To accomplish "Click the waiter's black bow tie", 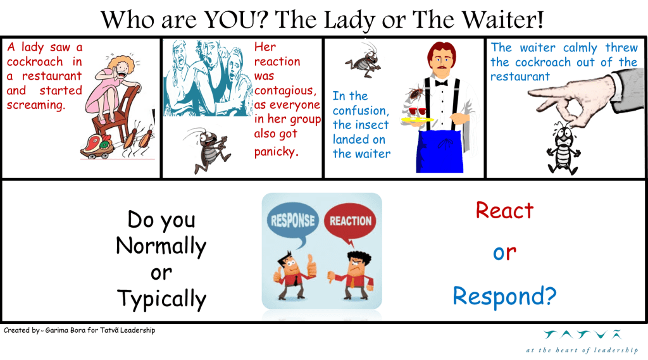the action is pos(441,83).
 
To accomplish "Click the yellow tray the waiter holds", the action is pos(417,120).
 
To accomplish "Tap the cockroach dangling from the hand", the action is pos(563,148).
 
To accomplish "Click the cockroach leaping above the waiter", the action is pos(364,60).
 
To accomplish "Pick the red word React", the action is pos(504,211).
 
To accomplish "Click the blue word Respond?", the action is pos(504,297).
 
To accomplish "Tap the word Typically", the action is pos(161,299).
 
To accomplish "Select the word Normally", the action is pos(161,247).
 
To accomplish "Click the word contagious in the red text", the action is pos(285,90).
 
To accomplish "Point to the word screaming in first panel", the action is pos(36,105).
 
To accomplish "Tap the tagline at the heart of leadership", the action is pos(582,350).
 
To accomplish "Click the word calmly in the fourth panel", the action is pos(580,48).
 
